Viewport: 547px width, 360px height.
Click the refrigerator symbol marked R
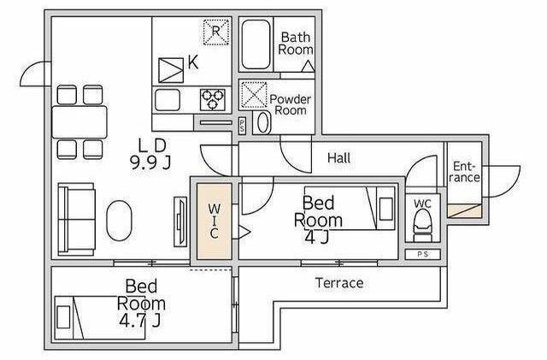pos(216,32)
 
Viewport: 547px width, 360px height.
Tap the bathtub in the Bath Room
pos(256,44)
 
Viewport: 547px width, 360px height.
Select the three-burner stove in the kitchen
pos(213,99)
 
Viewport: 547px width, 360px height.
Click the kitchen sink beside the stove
pos(168,100)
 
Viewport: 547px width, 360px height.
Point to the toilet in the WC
pos(422,226)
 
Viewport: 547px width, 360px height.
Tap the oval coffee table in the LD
pos(120,220)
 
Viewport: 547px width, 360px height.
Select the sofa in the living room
pos(76,219)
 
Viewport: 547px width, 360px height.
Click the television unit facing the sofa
pos(180,222)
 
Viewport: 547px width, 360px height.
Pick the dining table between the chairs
pos(79,122)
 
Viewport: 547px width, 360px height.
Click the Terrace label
pos(339,283)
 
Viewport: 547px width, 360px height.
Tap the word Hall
pos(339,158)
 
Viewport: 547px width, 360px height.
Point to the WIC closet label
pos(215,221)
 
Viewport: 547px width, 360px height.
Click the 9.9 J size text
pos(150,162)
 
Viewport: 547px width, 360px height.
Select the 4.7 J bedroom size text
pos(140,320)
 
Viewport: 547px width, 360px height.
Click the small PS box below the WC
pos(423,254)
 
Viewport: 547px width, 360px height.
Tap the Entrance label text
pos(465,172)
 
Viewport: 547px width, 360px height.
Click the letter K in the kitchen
pos(193,62)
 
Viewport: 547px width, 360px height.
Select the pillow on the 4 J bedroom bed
pos(385,209)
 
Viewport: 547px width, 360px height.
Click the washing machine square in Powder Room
pos(254,95)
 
